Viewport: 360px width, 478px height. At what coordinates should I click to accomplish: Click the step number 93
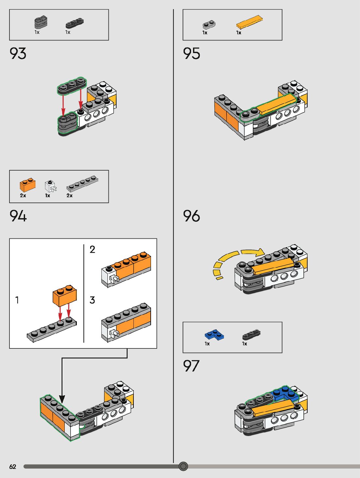(x=18, y=53)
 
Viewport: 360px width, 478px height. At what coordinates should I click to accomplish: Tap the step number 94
(x=18, y=216)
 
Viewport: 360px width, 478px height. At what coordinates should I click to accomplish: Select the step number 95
(x=191, y=53)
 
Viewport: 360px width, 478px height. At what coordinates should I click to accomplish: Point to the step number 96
(x=191, y=216)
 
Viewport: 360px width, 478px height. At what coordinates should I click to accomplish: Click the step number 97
(x=191, y=366)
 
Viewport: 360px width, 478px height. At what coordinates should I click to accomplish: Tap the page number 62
(x=13, y=467)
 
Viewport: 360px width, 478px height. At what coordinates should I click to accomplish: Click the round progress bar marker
(x=183, y=466)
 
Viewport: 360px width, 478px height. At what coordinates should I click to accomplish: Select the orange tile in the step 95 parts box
(x=249, y=22)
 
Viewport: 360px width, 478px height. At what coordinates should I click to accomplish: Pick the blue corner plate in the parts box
(x=215, y=334)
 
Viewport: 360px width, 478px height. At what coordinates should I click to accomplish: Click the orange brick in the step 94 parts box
(x=28, y=185)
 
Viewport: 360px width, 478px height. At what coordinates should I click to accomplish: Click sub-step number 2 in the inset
(x=92, y=249)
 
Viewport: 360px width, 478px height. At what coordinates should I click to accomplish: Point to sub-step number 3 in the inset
(x=92, y=300)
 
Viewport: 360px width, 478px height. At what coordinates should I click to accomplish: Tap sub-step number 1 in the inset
(x=17, y=300)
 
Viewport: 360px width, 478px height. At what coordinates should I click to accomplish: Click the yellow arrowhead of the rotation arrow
(x=260, y=253)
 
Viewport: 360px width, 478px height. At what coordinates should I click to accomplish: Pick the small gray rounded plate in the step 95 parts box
(x=209, y=25)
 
